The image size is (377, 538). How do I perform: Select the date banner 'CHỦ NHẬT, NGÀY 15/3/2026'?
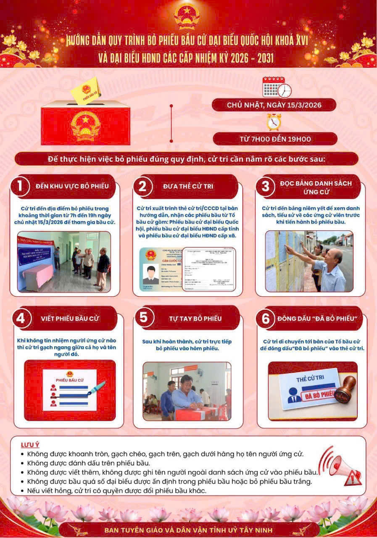[274, 105]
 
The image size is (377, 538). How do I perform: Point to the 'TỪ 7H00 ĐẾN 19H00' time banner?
[275, 139]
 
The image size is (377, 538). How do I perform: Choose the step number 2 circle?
[142, 186]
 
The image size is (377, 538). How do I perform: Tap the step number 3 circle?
[266, 186]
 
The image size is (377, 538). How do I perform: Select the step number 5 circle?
[144, 318]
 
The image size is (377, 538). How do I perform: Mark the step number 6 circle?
[266, 319]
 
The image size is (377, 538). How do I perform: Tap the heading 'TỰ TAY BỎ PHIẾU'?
[189, 318]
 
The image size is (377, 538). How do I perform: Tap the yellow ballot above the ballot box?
[85, 90]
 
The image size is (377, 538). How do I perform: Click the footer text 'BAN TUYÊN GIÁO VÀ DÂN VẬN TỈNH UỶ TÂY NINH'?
[188, 529]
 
